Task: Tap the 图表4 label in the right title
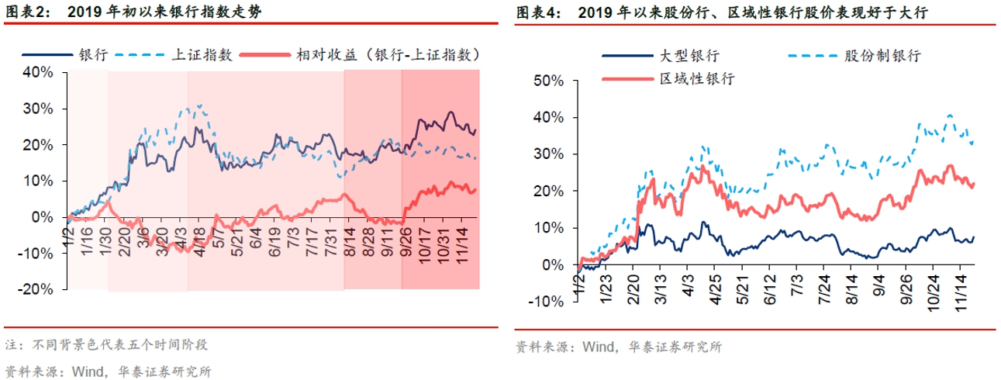pyautogui.click(x=535, y=12)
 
